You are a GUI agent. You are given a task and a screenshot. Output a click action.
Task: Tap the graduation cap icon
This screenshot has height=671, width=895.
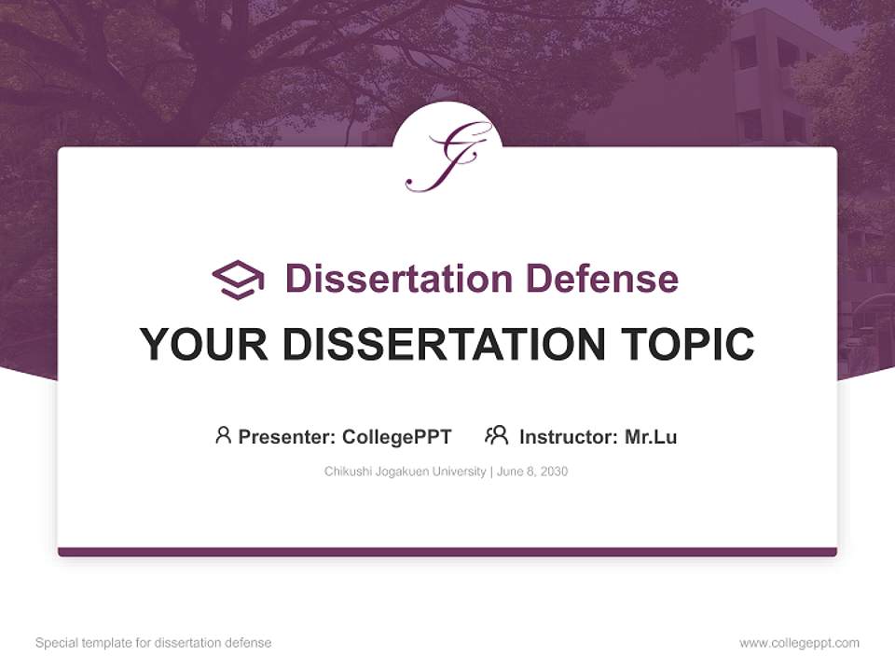coord(238,279)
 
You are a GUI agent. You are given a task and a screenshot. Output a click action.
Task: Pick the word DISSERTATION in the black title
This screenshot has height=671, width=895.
coord(444,345)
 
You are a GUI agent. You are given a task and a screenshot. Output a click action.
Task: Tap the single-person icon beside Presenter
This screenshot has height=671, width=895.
coord(223,435)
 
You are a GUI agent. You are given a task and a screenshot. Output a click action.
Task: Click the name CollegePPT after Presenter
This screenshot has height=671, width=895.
coord(397,436)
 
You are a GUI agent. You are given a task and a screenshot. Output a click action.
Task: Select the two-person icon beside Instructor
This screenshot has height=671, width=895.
coord(496,435)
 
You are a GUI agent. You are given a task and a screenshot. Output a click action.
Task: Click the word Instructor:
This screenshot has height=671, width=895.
coord(569,436)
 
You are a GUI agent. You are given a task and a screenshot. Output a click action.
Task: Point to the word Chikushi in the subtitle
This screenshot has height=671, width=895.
coord(346,472)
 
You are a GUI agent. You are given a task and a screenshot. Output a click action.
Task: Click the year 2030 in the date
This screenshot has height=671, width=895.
coord(553,472)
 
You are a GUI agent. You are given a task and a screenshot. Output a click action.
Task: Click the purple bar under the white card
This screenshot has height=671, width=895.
coord(447,552)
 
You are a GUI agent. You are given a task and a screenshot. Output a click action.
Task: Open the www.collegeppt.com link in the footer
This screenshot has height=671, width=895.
coord(799,643)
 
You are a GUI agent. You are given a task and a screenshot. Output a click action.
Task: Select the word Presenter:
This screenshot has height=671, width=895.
coord(287,436)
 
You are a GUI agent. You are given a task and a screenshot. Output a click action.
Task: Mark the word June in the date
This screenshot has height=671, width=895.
coord(510,472)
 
